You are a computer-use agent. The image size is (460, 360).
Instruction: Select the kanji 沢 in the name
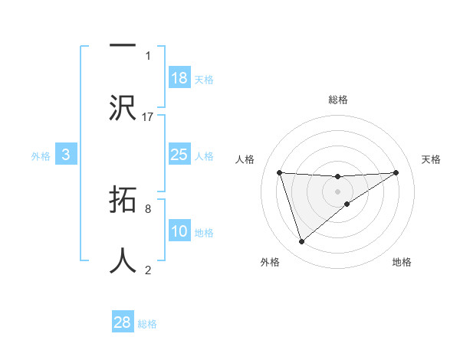pyautogui.click(x=123, y=106)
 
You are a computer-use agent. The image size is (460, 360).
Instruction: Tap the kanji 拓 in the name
pyautogui.click(x=123, y=201)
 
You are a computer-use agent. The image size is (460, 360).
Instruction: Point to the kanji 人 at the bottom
pyautogui.click(x=123, y=260)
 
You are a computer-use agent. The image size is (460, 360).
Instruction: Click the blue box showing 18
pyautogui.click(x=179, y=78)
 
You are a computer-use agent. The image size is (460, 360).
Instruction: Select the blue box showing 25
pyautogui.click(x=179, y=155)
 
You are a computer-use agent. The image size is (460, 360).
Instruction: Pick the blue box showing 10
pyautogui.click(x=179, y=231)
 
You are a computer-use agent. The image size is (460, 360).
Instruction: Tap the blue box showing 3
pyautogui.click(x=66, y=155)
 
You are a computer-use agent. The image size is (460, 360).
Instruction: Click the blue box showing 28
pyautogui.click(x=123, y=322)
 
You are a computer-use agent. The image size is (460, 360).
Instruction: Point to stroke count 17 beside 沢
pyautogui.click(x=148, y=117)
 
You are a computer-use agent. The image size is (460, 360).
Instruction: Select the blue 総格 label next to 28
pyautogui.click(x=147, y=324)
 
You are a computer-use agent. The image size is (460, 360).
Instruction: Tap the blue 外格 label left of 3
pyautogui.click(x=41, y=156)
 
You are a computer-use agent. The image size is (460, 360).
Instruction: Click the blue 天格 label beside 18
pyautogui.click(x=204, y=80)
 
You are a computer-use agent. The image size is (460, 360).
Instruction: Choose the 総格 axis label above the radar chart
pyautogui.click(x=338, y=100)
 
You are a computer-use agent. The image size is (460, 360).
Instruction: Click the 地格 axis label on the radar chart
pyautogui.click(x=402, y=262)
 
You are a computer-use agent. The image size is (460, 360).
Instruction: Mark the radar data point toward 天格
pyautogui.click(x=396, y=172)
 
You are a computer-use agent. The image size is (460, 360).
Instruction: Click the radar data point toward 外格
pyautogui.click(x=301, y=242)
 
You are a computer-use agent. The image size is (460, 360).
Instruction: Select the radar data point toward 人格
pyautogui.click(x=280, y=172)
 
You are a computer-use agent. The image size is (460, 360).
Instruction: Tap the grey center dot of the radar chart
pyautogui.click(x=338, y=191)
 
